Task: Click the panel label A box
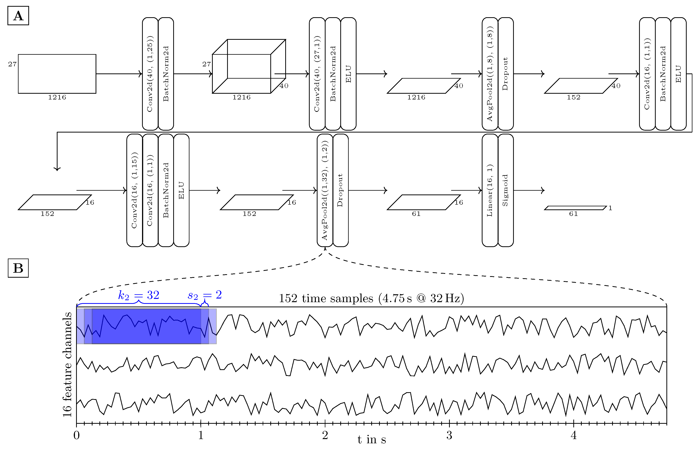pos(18,16)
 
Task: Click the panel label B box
pos(18,268)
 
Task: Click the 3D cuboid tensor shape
pos(249,67)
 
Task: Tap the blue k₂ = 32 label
pos(139,295)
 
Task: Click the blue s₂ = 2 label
pos(205,295)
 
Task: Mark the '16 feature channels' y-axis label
pos(67,364)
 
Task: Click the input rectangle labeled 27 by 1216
pos(57,74)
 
